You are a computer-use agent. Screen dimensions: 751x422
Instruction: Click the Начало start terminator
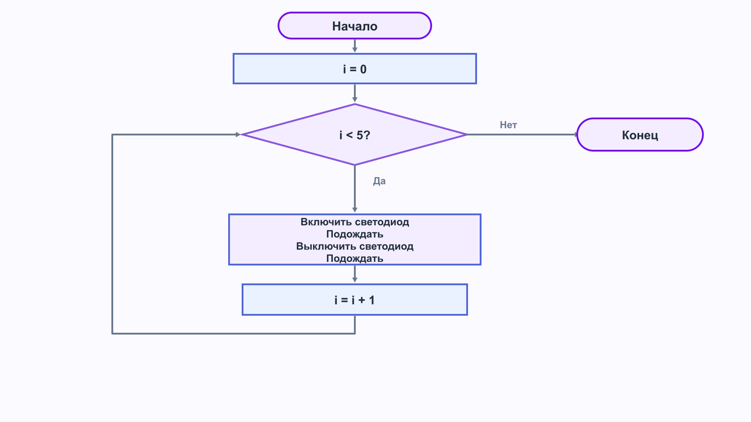pyautogui.click(x=355, y=26)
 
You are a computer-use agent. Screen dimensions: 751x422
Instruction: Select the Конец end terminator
pyautogui.click(x=640, y=135)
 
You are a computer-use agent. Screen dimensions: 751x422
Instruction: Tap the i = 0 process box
pyautogui.click(x=355, y=69)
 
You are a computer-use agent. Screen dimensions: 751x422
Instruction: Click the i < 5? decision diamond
pyautogui.click(x=354, y=135)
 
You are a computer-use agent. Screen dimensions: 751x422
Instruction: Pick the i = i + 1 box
pyautogui.click(x=355, y=300)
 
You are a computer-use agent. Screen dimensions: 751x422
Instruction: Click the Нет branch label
pyautogui.click(x=508, y=125)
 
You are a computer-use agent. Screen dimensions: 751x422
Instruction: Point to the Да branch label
pyautogui.click(x=379, y=181)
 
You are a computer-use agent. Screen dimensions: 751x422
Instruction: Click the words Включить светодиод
pyautogui.click(x=355, y=222)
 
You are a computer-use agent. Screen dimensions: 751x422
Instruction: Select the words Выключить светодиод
pyautogui.click(x=355, y=246)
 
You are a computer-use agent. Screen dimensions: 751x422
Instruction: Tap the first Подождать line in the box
pyautogui.click(x=355, y=234)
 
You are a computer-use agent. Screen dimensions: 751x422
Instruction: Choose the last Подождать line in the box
pyautogui.click(x=355, y=258)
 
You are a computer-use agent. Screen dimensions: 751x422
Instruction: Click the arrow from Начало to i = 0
pyautogui.click(x=355, y=46)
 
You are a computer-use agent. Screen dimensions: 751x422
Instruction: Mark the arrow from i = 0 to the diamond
pyautogui.click(x=355, y=93)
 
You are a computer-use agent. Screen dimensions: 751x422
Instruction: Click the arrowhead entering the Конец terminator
pyautogui.click(x=575, y=135)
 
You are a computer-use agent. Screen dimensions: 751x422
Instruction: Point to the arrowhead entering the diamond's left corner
pyautogui.click(x=238, y=135)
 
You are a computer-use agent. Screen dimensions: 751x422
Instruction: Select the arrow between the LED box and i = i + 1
pyautogui.click(x=355, y=274)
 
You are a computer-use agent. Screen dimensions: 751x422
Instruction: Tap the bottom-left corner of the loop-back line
pyautogui.click(x=112, y=333)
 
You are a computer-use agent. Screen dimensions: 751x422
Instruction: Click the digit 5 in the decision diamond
pyautogui.click(x=360, y=135)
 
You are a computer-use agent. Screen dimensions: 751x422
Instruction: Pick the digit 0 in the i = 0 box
pyautogui.click(x=363, y=69)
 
